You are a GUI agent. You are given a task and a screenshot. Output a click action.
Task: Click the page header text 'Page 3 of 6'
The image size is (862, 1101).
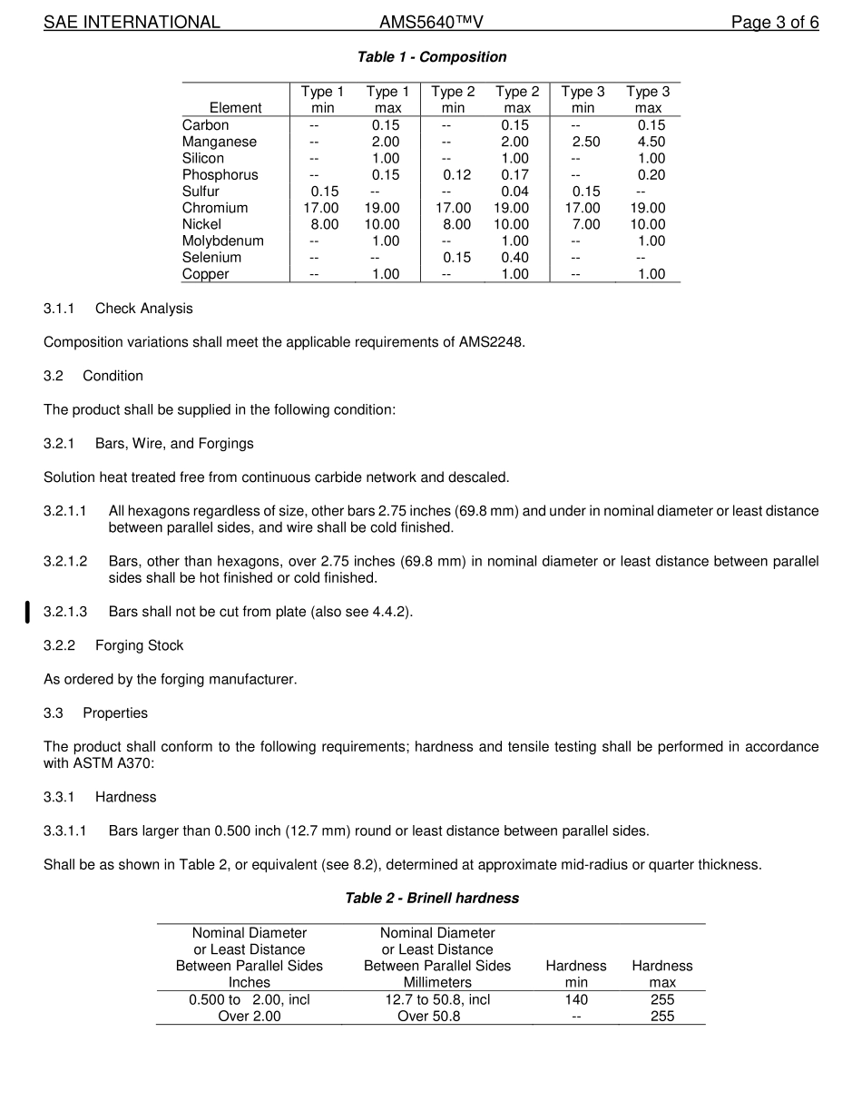click(775, 23)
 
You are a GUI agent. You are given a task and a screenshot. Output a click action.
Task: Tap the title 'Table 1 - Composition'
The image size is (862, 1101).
click(432, 57)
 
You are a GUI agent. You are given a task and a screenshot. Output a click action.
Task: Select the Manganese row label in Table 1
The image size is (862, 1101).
click(220, 142)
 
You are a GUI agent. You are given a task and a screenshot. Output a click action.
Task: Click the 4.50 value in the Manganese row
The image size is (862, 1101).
click(651, 142)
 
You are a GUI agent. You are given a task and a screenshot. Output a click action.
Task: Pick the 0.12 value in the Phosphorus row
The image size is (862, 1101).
click(456, 175)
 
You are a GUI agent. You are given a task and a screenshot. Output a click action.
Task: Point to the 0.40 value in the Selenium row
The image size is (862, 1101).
click(514, 258)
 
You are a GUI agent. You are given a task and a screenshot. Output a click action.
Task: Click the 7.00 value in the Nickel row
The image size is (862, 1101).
click(586, 224)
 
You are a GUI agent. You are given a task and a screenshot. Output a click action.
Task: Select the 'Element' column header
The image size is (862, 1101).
click(235, 108)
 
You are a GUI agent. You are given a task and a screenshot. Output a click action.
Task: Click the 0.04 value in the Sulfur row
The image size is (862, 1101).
click(514, 192)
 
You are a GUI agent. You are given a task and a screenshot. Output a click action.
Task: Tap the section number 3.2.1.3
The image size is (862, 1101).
click(65, 612)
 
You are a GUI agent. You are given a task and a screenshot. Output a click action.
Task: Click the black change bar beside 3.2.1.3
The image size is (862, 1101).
click(27, 613)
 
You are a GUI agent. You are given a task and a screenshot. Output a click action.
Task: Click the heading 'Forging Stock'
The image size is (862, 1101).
click(139, 645)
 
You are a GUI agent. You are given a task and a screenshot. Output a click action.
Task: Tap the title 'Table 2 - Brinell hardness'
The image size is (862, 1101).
click(432, 899)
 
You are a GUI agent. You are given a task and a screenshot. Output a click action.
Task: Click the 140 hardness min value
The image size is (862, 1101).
click(576, 999)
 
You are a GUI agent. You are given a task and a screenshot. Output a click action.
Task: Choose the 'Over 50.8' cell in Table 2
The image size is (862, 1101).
click(428, 1017)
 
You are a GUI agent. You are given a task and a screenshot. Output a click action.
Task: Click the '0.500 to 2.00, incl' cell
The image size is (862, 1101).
click(250, 999)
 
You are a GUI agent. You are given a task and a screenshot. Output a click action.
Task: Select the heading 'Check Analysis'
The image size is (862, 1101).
click(144, 309)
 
